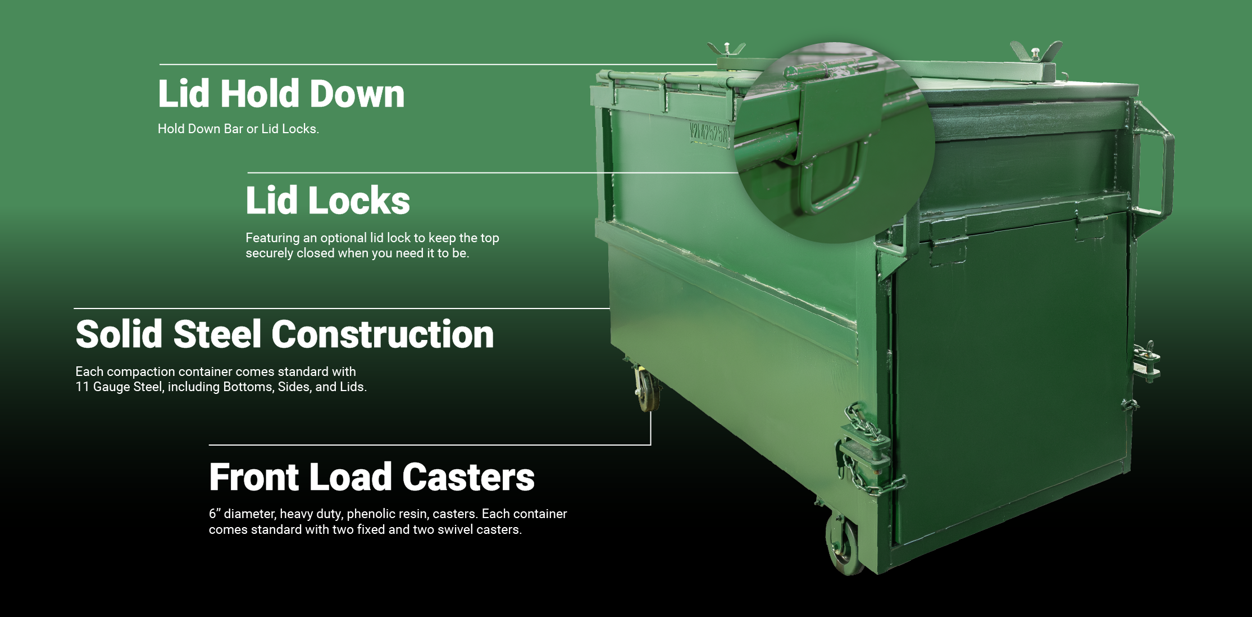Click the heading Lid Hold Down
pos(281,93)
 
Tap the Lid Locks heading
pos(328,201)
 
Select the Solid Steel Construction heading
pos(285,334)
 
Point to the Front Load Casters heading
pos(372,477)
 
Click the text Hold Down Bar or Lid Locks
pos(238,129)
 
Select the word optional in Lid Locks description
pos(344,238)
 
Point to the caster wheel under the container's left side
pos(647,388)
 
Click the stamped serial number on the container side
pos(708,134)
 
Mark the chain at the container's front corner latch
pos(868,450)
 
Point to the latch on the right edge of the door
pos(1146,363)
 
